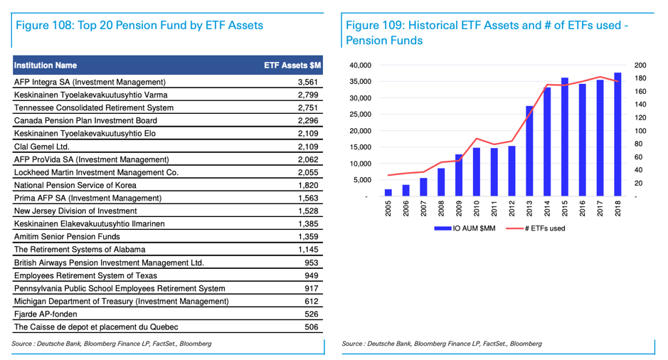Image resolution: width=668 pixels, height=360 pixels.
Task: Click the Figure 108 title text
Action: click(139, 26)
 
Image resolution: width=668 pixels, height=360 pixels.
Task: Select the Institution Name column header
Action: click(46, 65)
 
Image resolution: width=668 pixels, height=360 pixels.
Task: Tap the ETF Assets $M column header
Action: click(292, 65)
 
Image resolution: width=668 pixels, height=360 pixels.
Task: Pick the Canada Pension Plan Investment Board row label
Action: click(85, 120)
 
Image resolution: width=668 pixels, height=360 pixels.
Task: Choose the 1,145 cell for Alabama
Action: click(308, 250)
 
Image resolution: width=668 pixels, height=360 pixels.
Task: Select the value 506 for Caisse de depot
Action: click(311, 327)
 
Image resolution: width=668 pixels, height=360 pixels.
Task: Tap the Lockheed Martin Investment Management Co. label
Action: click(96, 172)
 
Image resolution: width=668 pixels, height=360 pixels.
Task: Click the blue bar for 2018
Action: click(617, 134)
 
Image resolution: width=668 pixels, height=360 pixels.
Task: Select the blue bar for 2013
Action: click(529, 151)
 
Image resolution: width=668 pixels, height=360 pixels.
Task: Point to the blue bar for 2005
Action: click(388, 192)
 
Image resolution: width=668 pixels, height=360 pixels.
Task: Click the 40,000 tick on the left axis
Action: click(361, 65)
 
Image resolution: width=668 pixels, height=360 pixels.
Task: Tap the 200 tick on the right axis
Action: click(640, 65)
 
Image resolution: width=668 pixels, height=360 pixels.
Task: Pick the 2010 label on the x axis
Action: click(477, 209)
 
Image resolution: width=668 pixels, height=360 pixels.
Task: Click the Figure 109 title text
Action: click(487, 33)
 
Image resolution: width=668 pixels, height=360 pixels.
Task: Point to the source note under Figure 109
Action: click(441, 344)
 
